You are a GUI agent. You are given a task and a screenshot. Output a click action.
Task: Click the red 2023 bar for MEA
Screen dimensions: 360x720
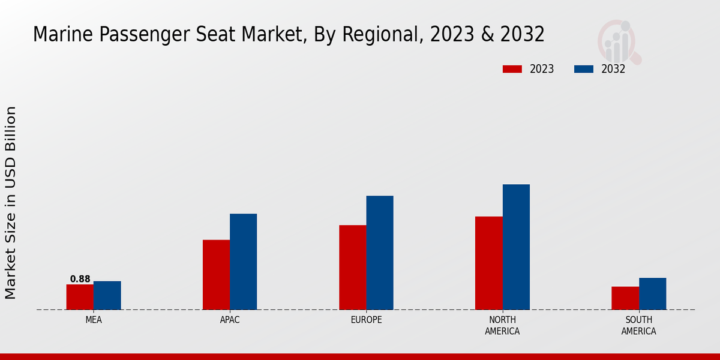click(80, 297)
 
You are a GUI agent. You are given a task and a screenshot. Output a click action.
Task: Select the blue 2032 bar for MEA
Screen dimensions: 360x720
click(107, 295)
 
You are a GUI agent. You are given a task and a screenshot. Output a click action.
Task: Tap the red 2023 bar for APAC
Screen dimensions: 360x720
click(216, 275)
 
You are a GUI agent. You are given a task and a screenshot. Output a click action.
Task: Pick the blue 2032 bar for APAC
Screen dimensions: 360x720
click(243, 262)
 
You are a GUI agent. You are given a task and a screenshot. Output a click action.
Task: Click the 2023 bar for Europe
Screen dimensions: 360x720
click(352, 268)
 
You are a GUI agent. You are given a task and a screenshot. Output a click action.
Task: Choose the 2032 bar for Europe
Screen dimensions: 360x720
click(380, 253)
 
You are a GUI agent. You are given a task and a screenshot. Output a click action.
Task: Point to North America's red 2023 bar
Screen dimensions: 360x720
click(488, 263)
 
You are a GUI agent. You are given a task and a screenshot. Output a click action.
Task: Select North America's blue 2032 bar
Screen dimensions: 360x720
click(516, 247)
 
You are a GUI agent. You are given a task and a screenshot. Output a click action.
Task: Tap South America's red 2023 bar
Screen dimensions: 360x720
click(625, 298)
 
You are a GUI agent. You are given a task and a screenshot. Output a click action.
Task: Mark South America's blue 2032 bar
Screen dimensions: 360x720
click(652, 294)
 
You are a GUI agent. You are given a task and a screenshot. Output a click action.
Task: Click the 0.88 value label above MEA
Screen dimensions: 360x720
click(80, 279)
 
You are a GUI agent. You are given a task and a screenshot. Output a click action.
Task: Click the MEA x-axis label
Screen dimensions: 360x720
click(94, 320)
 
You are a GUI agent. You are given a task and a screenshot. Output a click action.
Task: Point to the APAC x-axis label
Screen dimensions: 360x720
click(230, 320)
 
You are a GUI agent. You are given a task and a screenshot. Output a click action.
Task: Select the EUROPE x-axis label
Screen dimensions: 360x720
click(366, 320)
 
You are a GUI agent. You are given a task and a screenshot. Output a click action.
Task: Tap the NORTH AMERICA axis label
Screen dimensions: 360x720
click(502, 325)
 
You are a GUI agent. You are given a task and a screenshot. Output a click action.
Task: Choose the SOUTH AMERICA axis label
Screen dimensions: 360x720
click(638, 325)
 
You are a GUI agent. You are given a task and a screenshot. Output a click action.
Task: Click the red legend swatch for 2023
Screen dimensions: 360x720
click(512, 69)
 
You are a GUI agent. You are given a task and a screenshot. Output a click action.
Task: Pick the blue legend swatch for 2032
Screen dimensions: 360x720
click(583, 69)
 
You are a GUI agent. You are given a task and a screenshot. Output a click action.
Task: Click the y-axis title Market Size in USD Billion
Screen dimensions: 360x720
click(11, 202)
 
